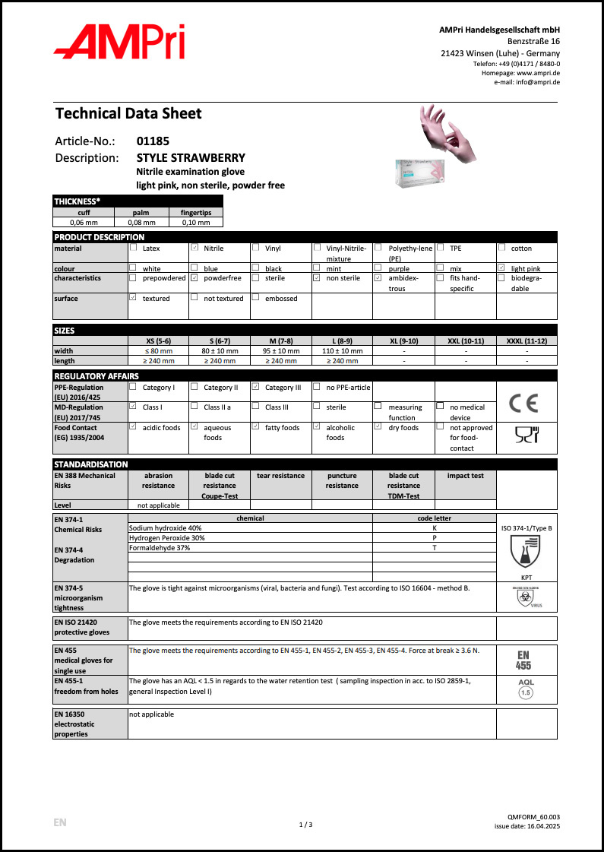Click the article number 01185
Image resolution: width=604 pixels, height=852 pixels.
coord(153,141)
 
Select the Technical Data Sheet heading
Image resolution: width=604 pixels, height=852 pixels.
coord(128,114)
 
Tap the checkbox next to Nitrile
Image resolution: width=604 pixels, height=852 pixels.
coord(194,248)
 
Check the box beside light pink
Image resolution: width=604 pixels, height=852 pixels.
coord(501,268)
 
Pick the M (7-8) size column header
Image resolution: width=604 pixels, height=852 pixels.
coord(280,340)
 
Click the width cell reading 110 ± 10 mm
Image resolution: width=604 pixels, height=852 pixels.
coord(342,351)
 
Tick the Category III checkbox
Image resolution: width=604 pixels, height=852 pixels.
coord(256,387)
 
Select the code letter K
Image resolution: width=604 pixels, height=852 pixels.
coord(434,527)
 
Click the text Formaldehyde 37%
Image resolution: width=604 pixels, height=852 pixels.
coord(160,547)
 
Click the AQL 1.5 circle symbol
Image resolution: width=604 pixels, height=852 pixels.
coord(526,693)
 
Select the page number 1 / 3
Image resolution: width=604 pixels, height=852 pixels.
coord(305,825)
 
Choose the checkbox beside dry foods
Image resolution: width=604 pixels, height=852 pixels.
coord(378,427)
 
